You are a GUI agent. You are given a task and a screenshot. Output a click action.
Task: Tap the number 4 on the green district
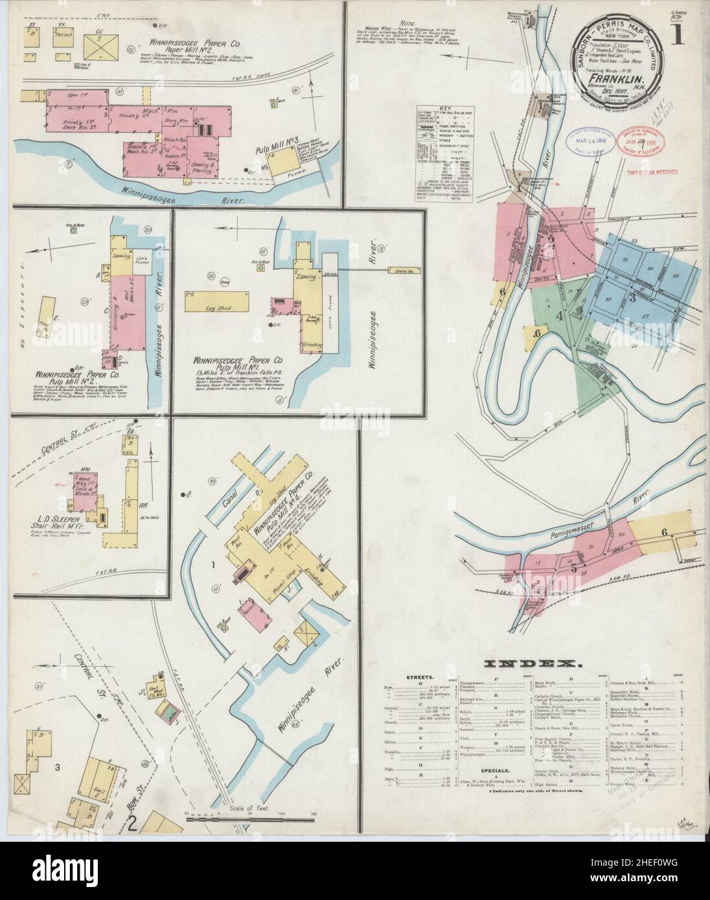pos(558,316)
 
